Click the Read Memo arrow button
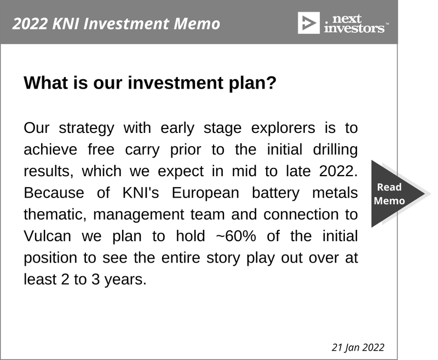[396, 194]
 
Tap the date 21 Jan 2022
[358, 347]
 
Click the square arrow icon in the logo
[309, 23]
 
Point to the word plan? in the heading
[252, 83]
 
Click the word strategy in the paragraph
[87, 129]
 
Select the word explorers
[283, 129]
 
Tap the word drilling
[335, 149]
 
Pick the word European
[205, 193]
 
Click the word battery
[276, 193]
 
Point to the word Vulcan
[47, 236]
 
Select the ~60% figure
[236, 236]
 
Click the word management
[139, 214]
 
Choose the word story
[223, 258]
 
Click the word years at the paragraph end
[125, 280]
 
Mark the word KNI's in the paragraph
[141, 193]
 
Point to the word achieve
[50, 149]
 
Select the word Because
[54, 193]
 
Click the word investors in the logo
[354, 28]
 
